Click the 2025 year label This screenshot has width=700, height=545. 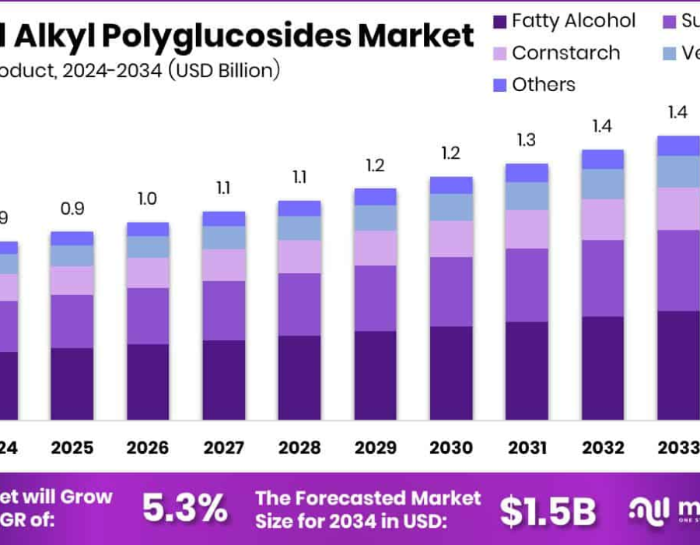click(72, 448)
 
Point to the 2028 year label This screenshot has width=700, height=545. click(299, 448)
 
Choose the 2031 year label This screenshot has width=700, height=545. click(527, 448)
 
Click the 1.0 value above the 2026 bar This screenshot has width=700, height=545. click(148, 199)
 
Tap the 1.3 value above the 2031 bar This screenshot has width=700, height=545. click(527, 140)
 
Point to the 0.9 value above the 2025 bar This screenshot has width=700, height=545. click(72, 209)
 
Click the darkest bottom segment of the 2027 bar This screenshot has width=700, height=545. click(224, 380)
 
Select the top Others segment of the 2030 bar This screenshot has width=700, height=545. click(451, 185)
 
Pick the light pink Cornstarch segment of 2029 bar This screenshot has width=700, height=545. click(375, 248)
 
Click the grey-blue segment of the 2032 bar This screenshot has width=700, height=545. click(603, 184)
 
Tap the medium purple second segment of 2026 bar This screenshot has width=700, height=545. click(148, 316)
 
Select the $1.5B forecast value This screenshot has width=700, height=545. click(547, 511)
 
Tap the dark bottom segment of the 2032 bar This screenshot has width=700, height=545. click(603, 367)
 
